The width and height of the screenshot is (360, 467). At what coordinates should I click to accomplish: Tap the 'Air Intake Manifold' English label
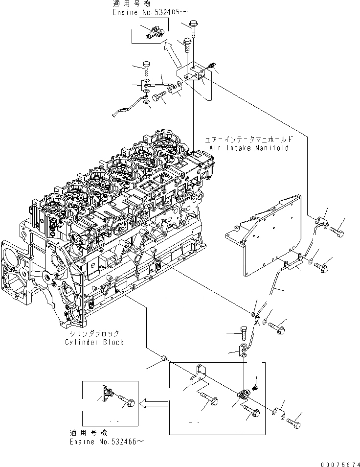(248, 147)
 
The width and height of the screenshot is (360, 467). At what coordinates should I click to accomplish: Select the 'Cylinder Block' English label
(94, 342)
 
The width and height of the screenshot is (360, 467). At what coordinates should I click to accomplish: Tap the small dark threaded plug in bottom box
(254, 389)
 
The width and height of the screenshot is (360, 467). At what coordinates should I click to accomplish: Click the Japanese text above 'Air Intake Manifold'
(248, 139)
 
